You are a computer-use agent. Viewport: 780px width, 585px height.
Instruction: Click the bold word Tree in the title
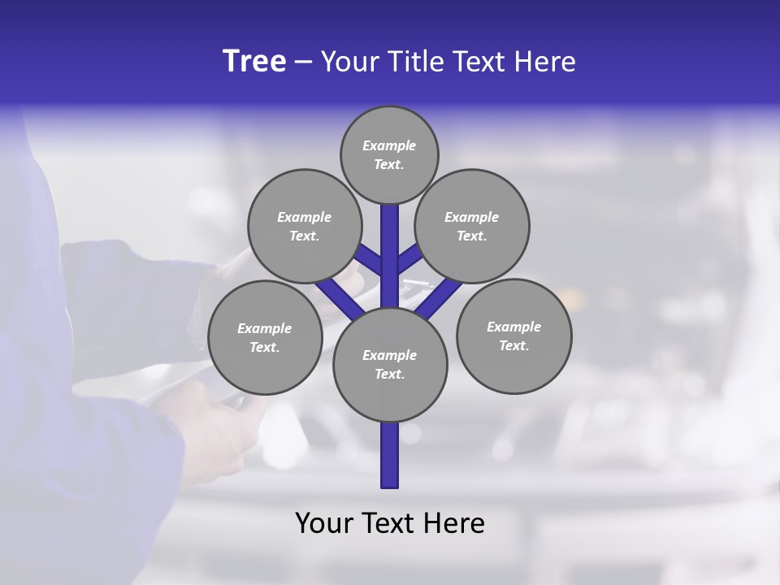coord(254,61)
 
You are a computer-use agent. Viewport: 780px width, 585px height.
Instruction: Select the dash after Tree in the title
coord(303,63)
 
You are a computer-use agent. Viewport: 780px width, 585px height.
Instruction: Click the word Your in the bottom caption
coord(323,523)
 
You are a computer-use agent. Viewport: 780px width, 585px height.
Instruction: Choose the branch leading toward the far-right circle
coord(443,297)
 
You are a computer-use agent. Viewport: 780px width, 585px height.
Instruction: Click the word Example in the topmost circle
coord(389,146)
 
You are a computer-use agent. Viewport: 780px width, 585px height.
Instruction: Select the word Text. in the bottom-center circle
coord(389,375)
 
